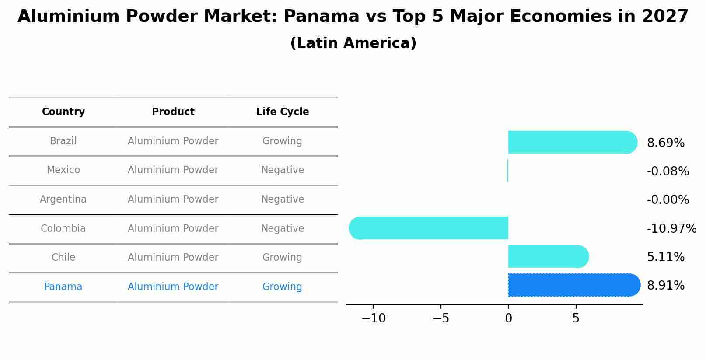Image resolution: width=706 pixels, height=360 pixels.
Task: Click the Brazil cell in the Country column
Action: tap(63, 141)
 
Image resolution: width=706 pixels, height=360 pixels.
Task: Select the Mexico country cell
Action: tap(63, 170)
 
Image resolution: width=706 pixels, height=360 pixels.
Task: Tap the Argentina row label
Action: tap(63, 199)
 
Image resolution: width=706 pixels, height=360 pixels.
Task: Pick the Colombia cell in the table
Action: tap(63, 229)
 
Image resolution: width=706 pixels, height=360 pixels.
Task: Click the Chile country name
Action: tap(63, 258)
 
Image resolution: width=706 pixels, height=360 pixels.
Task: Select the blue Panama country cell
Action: tap(63, 287)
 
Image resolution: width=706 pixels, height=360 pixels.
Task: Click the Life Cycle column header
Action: tap(282, 112)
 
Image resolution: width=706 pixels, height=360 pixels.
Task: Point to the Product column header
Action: tap(173, 112)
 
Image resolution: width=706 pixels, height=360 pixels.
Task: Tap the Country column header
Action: tap(63, 112)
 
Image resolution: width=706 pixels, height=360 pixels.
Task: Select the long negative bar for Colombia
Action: tap(429, 228)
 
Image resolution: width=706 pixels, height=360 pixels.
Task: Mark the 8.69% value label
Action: tap(665, 143)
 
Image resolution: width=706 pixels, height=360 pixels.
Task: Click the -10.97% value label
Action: tap(671, 229)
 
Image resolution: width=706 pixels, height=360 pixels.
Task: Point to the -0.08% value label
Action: tap(668, 171)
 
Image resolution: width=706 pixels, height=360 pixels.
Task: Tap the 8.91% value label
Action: tap(665, 286)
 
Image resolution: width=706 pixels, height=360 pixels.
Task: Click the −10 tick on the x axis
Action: tap(373, 318)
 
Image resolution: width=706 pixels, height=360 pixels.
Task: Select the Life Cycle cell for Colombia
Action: tap(282, 229)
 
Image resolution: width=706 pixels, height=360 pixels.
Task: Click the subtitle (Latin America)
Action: tap(353, 43)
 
